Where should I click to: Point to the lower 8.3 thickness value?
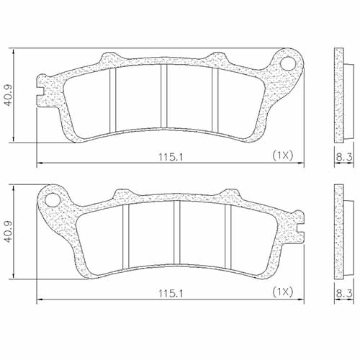point(344,292)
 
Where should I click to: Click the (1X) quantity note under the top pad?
point(283,155)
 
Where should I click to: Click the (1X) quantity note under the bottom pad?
point(283,292)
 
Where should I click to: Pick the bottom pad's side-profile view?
point(339,232)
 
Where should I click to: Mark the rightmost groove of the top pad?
point(214,99)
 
